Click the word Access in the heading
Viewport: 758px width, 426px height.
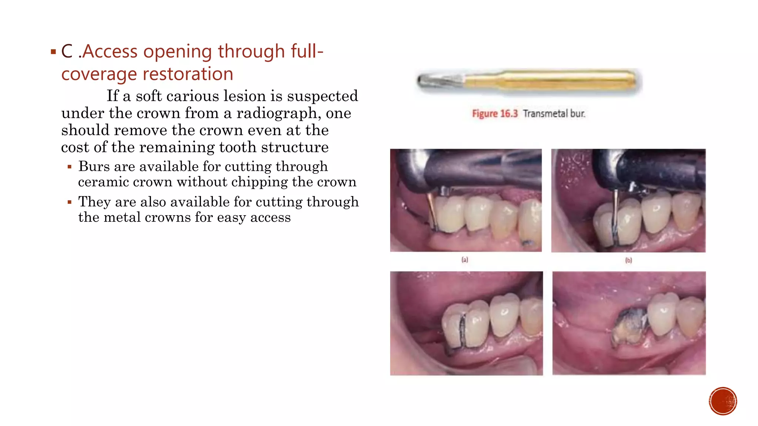pyautogui.click(x=110, y=51)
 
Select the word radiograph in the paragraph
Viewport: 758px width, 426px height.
pyautogui.click(x=278, y=113)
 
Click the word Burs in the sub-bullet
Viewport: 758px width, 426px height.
pyautogui.click(x=94, y=166)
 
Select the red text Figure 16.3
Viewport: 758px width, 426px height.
pyautogui.click(x=494, y=114)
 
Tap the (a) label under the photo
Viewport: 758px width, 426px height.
pyautogui.click(x=465, y=260)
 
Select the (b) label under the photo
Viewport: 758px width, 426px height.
pyautogui.click(x=628, y=260)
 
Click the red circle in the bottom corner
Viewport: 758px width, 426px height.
pyautogui.click(x=723, y=401)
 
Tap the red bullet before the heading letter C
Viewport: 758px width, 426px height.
pyautogui.click(x=53, y=52)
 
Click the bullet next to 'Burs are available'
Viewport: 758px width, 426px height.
pyautogui.click(x=70, y=167)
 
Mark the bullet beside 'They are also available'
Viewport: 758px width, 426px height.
pyautogui.click(x=70, y=202)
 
